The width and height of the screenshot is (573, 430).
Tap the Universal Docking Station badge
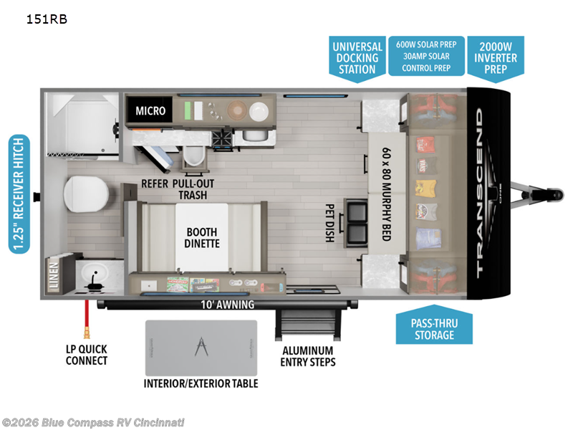(357, 57)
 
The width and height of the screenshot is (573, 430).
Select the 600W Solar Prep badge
(426, 56)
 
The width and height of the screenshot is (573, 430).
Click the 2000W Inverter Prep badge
(495, 57)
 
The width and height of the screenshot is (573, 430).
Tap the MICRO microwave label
(150, 111)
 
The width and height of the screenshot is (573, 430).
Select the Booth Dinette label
(202, 238)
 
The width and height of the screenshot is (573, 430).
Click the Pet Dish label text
(329, 223)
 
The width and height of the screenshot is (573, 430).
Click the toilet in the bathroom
(87, 192)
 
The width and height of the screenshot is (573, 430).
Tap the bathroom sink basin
(95, 272)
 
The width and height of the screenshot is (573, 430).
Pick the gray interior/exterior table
(201, 348)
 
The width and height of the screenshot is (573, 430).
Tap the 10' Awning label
(228, 305)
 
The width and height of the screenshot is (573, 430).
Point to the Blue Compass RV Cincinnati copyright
(93, 422)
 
